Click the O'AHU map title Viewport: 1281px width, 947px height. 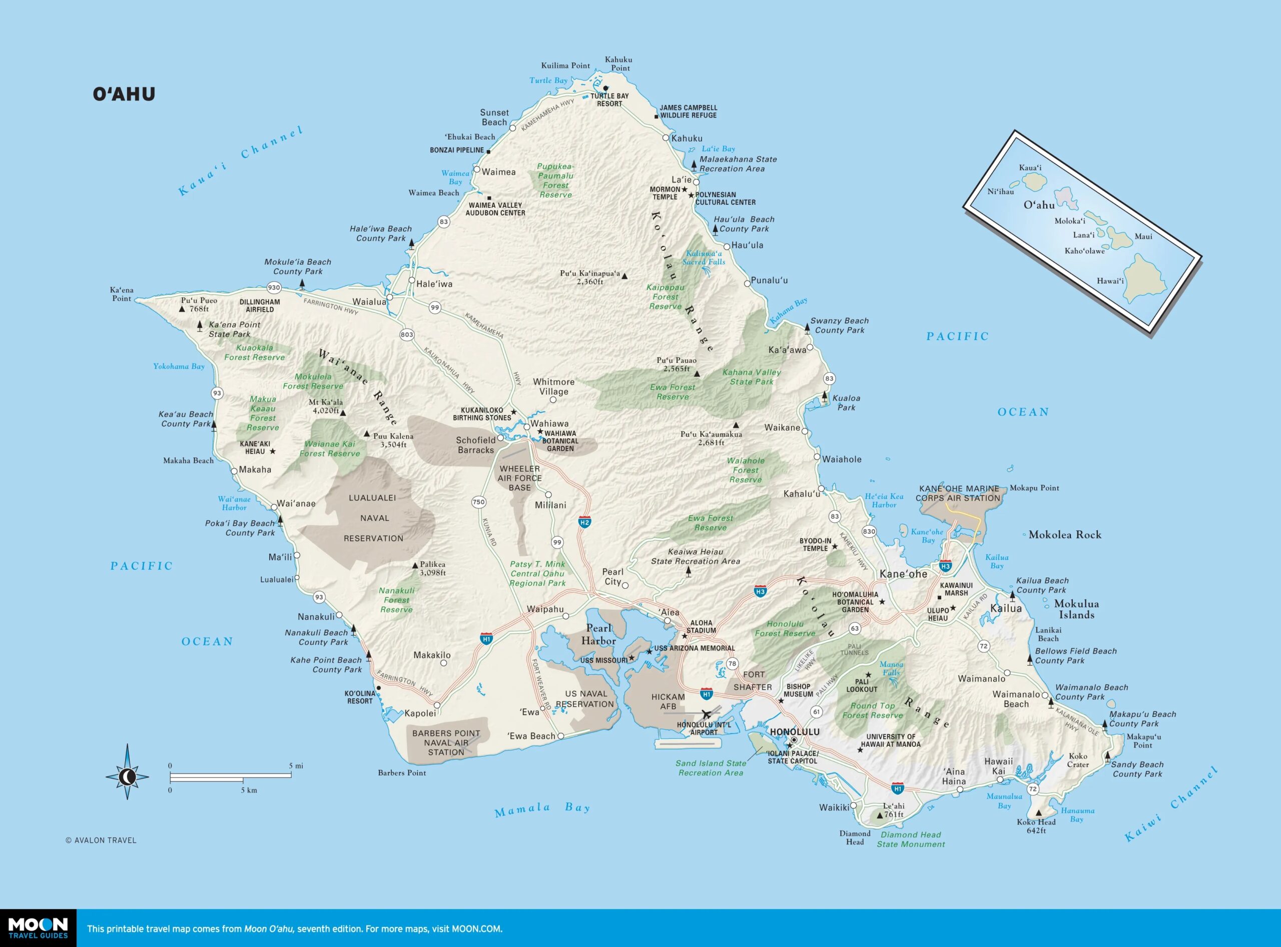tap(124, 94)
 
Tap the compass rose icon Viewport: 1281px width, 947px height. tap(127, 777)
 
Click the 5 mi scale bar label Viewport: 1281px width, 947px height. tap(296, 766)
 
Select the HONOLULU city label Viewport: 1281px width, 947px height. tap(794, 732)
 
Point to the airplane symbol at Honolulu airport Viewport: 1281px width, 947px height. tap(706, 714)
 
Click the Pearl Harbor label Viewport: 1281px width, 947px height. tap(598, 634)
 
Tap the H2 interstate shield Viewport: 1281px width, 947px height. tap(584, 522)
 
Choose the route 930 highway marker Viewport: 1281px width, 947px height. tap(274, 288)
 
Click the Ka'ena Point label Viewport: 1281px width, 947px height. tap(122, 294)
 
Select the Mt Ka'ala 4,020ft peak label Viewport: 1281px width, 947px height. tap(326, 406)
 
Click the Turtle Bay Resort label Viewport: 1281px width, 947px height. tap(609, 100)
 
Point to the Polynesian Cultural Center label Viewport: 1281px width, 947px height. tap(725, 198)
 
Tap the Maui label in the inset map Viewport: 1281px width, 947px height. tap(1143, 236)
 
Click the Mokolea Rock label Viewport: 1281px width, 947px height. tap(1064, 535)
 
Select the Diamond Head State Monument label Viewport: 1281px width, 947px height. tap(911, 839)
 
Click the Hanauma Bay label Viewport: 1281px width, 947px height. tap(1077, 814)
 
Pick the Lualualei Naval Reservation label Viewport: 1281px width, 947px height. tap(373, 518)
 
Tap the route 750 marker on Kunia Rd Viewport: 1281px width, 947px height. tap(478, 502)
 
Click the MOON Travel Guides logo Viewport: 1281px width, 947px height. tap(38, 927)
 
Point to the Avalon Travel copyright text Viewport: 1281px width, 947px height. tap(101, 840)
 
